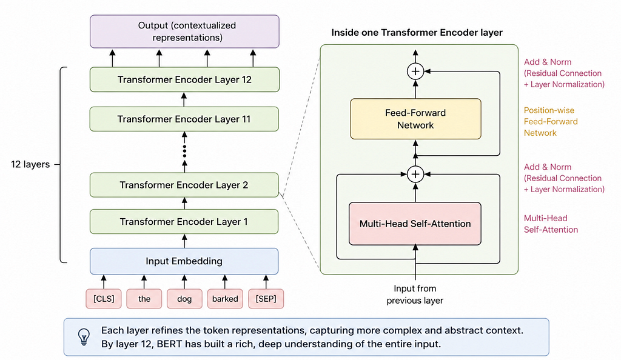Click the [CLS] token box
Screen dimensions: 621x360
[104, 299]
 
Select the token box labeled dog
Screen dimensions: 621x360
[184, 299]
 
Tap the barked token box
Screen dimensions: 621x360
[225, 299]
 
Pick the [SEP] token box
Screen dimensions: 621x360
[266, 299]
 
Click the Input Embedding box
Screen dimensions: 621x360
[184, 261]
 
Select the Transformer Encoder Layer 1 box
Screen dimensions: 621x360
[184, 222]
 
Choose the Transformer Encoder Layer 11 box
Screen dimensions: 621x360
[184, 119]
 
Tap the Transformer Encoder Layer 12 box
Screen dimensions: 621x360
[184, 79]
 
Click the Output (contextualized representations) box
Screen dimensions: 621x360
[184, 32]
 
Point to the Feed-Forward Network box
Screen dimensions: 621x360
[415, 119]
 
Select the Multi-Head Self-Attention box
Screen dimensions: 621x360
[415, 224]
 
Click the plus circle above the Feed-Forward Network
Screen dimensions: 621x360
[415, 71]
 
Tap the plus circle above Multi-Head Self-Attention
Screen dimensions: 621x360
[415, 174]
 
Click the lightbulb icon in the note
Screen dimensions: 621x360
[84, 336]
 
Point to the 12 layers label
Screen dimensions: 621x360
[30, 164]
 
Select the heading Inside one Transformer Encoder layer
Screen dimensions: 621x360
[417, 33]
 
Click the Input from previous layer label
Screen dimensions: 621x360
[415, 295]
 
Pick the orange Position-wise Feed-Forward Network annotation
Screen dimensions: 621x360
[551, 121]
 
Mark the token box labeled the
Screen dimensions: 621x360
[144, 299]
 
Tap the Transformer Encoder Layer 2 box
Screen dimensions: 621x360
[184, 185]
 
